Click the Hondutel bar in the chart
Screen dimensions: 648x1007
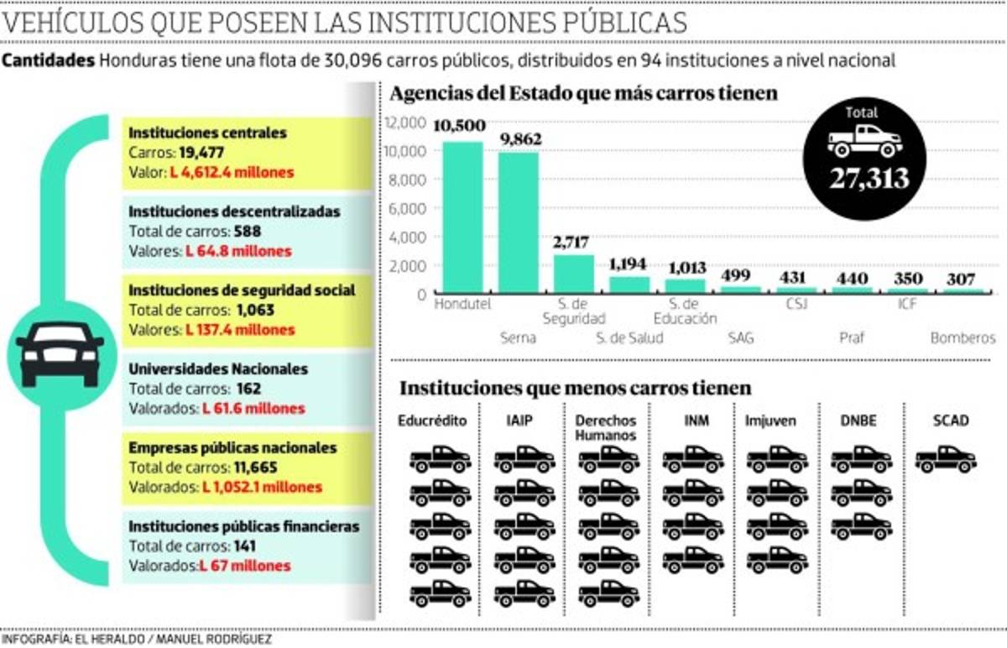(462, 217)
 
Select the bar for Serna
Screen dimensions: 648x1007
(519, 222)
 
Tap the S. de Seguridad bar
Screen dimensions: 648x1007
(574, 274)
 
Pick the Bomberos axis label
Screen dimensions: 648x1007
(963, 338)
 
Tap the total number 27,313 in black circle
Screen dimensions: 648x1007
(865, 178)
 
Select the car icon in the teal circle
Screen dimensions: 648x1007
(60, 353)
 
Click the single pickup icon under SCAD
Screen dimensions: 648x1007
(946, 459)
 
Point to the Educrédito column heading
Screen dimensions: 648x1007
(432, 420)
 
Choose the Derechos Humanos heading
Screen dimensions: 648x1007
(606, 427)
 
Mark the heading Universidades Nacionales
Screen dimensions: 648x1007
(218, 369)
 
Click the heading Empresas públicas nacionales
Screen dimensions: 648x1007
(232, 448)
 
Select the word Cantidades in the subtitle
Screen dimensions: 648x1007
(48, 60)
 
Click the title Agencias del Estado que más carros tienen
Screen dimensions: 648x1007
(585, 93)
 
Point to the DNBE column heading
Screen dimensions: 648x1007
(858, 420)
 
